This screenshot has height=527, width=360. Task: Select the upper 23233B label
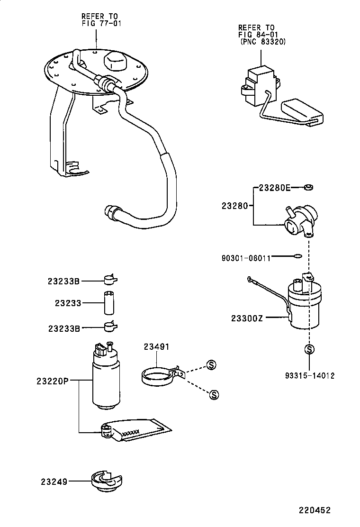pyautogui.click(x=63, y=281)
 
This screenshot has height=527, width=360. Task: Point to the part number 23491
pyautogui.click(x=156, y=347)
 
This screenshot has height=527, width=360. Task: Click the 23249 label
pyautogui.click(x=54, y=482)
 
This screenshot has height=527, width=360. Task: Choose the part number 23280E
pyautogui.click(x=274, y=187)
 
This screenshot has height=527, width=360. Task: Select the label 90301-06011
pyautogui.click(x=246, y=258)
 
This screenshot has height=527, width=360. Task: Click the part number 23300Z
pyautogui.click(x=247, y=318)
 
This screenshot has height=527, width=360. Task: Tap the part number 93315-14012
pyautogui.click(x=310, y=375)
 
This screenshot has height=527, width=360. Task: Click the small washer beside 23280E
pyautogui.click(x=308, y=188)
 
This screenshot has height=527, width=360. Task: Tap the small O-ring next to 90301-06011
pyautogui.click(x=297, y=257)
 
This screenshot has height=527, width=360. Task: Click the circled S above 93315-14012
pyautogui.click(x=309, y=349)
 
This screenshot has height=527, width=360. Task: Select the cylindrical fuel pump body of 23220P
pyautogui.click(x=106, y=382)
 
